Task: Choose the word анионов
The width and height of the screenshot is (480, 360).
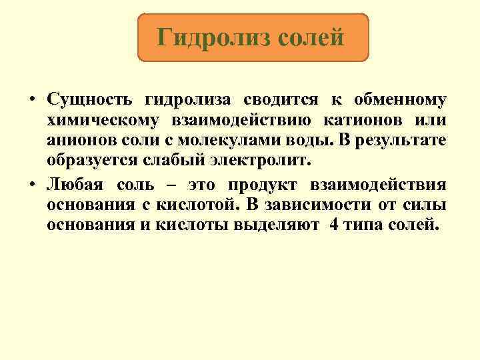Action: point(81,141)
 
